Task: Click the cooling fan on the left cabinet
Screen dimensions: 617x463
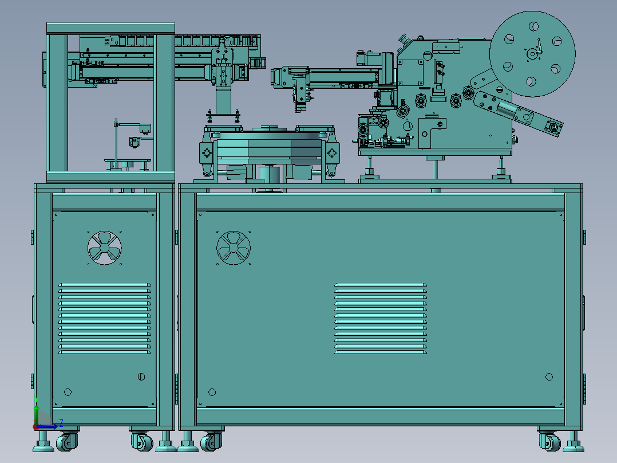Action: (x=104, y=248)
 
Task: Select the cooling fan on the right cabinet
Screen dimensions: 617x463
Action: (x=234, y=248)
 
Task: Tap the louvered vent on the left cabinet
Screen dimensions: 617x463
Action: (x=105, y=319)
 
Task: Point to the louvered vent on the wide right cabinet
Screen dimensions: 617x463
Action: (x=381, y=319)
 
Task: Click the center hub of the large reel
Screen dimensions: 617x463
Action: (x=532, y=54)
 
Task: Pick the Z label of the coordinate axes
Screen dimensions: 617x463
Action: (x=61, y=423)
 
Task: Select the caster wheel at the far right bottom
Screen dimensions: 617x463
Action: (x=549, y=442)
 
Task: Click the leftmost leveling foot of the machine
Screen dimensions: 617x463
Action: (x=43, y=442)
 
